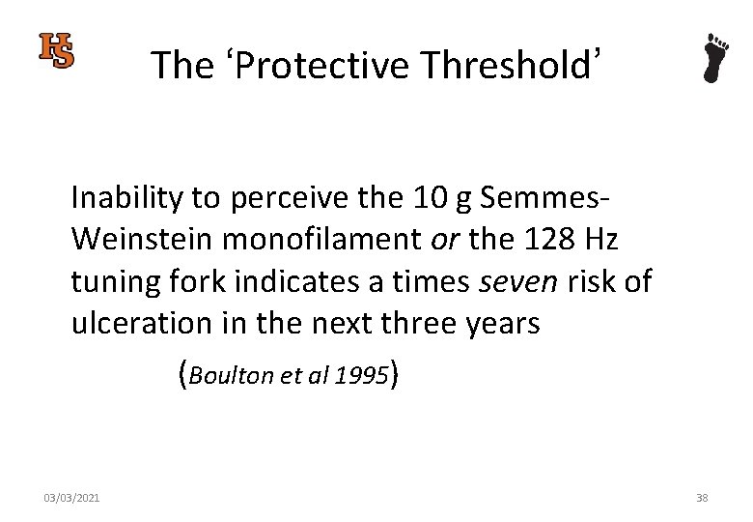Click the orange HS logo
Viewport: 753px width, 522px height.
point(56,50)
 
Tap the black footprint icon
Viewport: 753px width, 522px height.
point(714,58)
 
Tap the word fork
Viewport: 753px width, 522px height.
point(193,282)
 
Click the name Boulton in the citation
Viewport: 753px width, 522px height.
point(232,374)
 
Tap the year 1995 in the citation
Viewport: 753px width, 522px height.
point(361,374)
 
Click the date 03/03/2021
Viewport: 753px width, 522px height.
point(71,498)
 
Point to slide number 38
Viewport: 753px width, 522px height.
point(702,498)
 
